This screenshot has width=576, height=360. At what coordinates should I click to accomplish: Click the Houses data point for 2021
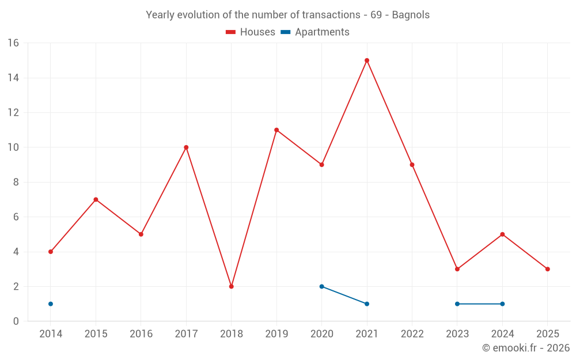(x=367, y=60)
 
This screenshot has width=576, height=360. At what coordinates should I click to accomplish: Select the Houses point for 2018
(x=232, y=286)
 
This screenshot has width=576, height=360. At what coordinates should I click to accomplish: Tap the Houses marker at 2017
(x=186, y=147)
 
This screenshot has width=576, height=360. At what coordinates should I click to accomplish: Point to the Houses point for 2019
(x=276, y=130)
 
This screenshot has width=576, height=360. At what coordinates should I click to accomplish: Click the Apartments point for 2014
(x=51, y=304)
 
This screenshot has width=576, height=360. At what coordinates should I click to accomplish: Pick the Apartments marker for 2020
(x=322, y=286)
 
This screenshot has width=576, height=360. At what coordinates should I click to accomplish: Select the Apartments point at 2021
(x=367, y=304)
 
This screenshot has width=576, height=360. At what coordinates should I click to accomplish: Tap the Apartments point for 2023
(x=457, y=304)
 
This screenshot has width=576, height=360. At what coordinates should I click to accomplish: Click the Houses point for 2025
(x=548, y=269)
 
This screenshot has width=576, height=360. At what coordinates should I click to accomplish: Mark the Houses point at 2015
(x=96, y=199)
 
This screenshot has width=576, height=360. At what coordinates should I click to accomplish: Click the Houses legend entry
(x=251, y=32)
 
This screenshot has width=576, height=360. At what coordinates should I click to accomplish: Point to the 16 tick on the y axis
(x=13, y=43)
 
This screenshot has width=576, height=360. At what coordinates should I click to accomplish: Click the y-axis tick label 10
(x=13, y=147)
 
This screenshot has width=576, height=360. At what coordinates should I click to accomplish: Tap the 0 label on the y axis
(x=16, y=321)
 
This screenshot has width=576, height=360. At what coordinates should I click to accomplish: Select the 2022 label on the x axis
(x=412, y=334)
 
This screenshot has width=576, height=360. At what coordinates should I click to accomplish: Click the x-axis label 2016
(x=141, y=334)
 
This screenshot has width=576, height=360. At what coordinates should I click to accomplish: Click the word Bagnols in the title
(x=411, y=15)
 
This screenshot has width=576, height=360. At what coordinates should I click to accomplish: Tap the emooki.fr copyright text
(x=526, y=348)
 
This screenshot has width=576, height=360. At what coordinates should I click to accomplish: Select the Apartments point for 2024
(x=502, y=304)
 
